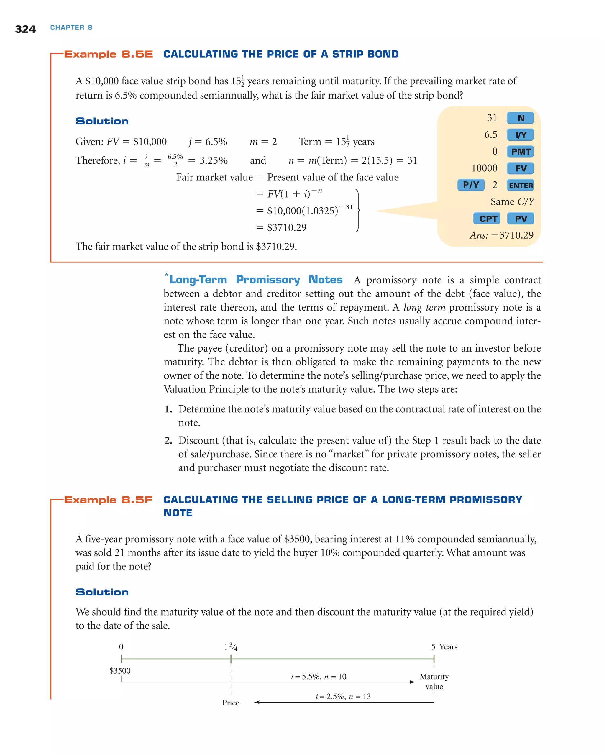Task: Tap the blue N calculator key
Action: coord(520,118)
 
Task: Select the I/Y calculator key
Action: coord(520,135)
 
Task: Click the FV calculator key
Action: coord(520,168)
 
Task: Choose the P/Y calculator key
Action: coord(471,185)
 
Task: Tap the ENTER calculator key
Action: coord(520,185)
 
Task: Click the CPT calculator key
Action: coord(487,219)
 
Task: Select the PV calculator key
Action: coord(520,219)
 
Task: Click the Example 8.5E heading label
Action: coord(109,54)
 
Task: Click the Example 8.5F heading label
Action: coord(108,500)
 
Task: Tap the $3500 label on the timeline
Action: coord(120,671)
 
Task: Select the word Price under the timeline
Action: coord(231,703)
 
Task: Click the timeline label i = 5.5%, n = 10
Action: coord(318,677)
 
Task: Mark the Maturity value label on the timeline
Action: coord(434,681)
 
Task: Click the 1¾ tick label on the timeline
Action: coord(230,647)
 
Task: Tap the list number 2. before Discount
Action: coord(168,441)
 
